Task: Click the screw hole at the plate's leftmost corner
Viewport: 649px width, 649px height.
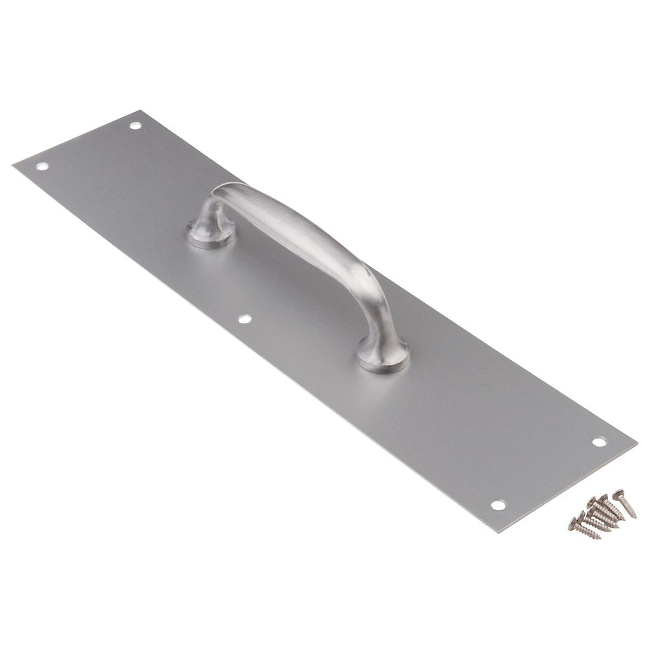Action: tap(42, 166)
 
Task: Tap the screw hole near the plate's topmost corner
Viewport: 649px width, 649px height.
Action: tap(135, 125)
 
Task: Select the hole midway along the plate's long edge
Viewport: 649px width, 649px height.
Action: tap(245, 319)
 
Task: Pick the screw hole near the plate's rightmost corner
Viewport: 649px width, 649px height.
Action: tap(598, 441)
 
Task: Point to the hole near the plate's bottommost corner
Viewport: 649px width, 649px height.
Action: tap(498, 504)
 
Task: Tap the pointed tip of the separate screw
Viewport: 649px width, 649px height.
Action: tap(635, 517)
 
